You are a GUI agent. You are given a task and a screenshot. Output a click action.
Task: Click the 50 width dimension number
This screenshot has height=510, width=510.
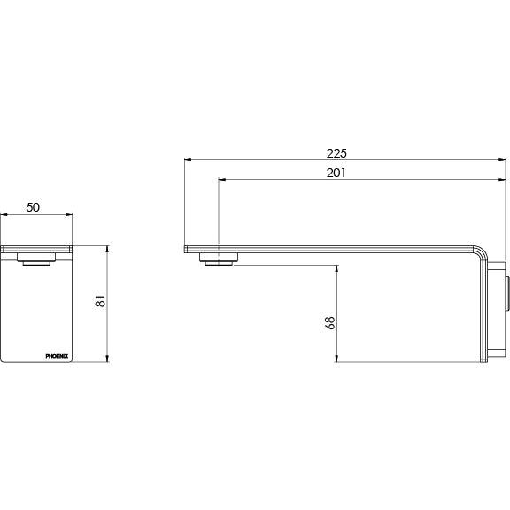[33, 206]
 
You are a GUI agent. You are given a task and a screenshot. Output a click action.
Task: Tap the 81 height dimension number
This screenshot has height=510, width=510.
[100, 302]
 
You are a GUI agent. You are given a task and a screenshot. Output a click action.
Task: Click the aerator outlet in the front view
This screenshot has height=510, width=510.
[37, 262]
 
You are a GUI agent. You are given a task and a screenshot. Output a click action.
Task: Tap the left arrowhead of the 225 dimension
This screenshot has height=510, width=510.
[187, 161]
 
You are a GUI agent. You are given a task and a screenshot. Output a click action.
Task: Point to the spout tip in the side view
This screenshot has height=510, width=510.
[186, 249]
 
